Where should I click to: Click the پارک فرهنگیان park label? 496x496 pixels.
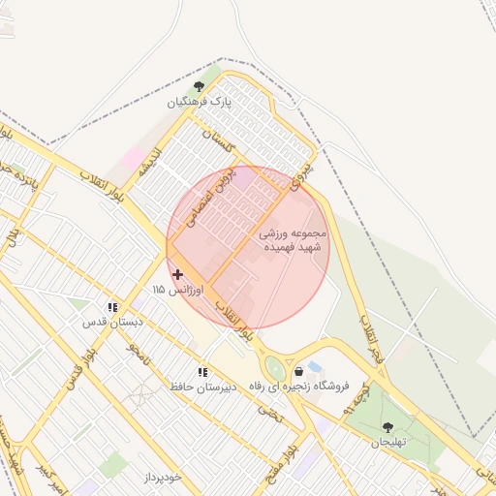[200, 102]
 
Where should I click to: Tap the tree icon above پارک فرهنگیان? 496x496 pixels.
[200, 87]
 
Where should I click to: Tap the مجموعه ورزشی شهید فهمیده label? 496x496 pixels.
[294, 240]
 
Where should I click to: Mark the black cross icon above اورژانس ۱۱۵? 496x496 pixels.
[177, 275]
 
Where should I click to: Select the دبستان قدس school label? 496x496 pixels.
[113, 321]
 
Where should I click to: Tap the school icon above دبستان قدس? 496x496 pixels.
[113, 306]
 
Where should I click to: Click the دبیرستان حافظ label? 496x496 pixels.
[202, 387]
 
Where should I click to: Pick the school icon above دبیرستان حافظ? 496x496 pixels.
[202, 372]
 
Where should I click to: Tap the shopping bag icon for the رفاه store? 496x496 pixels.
[298, 371]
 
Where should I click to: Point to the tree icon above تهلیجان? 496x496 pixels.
[388, 427]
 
